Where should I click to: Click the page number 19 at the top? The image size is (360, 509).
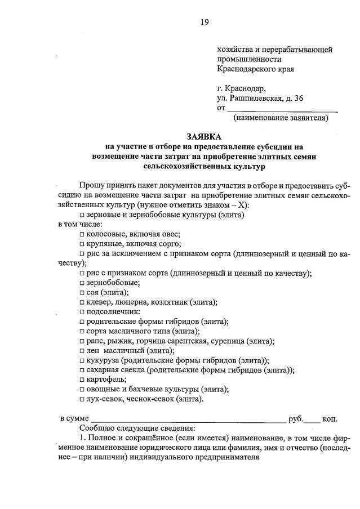point(205,22)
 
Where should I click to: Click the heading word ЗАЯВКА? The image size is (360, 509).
point(205,136)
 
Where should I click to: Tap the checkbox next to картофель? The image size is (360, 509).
point(82,379)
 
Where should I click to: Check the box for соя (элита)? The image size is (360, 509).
point(82,293)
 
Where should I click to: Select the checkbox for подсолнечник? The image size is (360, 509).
point(82,312)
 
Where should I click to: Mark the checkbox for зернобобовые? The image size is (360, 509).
point(82,283)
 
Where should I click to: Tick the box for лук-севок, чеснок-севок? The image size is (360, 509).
point(82,399)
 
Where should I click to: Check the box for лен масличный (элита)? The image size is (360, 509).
point(82,351)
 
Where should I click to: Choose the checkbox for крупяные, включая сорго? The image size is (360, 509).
point(82,244)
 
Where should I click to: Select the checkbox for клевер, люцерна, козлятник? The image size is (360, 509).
point(82,302)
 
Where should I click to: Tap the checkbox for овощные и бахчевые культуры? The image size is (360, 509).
point(82,389)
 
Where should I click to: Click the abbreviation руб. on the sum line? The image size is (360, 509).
point(296,419)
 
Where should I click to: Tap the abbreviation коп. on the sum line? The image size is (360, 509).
point(330,419)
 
